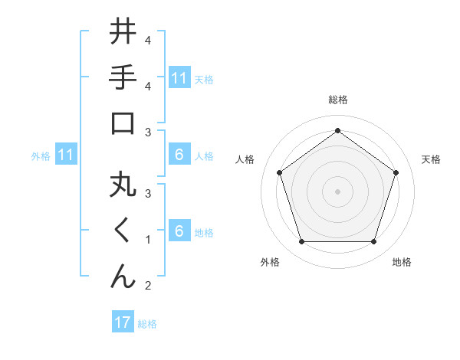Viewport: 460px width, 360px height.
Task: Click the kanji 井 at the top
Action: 123,33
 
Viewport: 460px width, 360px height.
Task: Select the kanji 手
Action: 123,77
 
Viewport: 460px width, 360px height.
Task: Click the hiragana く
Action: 123,232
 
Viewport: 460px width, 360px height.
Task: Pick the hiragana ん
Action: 123,276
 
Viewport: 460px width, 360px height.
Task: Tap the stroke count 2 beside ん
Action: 147,286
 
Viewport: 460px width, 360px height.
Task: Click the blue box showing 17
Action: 123,322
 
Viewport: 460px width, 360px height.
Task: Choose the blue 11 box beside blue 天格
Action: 179,77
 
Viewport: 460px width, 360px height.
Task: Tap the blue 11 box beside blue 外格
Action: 65,155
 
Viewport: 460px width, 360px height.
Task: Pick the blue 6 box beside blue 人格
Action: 179,155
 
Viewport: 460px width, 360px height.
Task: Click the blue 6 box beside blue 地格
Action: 179,232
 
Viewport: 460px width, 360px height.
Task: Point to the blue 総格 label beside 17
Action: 147,324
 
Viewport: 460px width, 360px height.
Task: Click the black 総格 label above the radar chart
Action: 337,100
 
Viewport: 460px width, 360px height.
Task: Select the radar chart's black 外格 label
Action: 270,262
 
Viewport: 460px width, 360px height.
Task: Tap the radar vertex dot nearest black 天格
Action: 396,172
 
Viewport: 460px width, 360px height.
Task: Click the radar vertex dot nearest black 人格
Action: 279,172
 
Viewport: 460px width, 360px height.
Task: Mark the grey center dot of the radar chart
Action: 337,191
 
